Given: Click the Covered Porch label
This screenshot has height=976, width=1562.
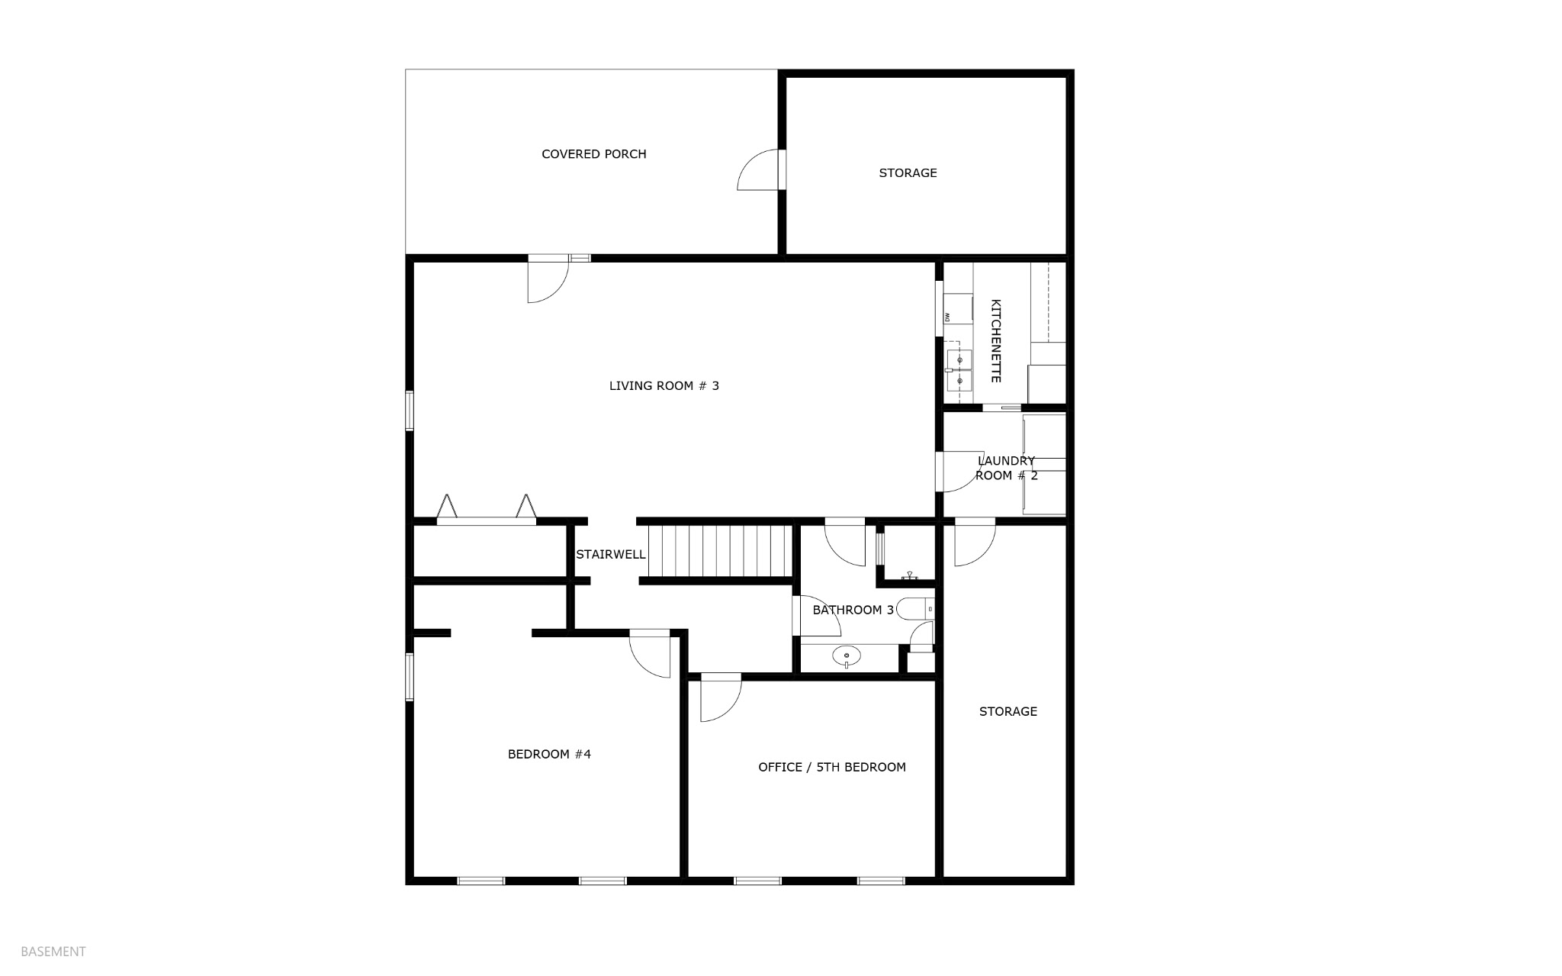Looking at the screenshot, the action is click(x=594, y=154).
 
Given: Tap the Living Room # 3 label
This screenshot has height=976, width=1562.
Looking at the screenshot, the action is click(x=664, y=386).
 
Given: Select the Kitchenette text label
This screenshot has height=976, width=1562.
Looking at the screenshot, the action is click(x=995, y=341).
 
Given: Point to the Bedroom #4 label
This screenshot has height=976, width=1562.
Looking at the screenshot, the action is click(x=549, y=755).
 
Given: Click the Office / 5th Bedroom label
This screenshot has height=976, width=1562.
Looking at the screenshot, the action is click(x=832, y=768).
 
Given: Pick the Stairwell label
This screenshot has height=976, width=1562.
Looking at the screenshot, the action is click(x=611, y=555).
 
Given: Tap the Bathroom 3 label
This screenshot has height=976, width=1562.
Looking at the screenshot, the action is click(x=853, y=610).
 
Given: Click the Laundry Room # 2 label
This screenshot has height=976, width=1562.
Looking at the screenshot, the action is click(x=1007, y=468).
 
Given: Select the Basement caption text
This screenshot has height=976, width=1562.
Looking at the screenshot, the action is click(x=53, y=952).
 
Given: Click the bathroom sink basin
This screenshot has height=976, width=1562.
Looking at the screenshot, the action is click(x=847, y=655).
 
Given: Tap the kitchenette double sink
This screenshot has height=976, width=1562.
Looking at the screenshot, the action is click(x=959, y=369).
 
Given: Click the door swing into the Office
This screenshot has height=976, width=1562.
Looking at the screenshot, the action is click(x=721, y=697).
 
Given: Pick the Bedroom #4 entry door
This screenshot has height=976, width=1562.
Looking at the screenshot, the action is click(x=650, y=653).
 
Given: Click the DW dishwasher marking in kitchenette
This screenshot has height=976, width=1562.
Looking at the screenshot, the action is click(x=948, y=317).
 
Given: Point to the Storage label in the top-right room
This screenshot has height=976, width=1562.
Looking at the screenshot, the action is click(x=908, y=173).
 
